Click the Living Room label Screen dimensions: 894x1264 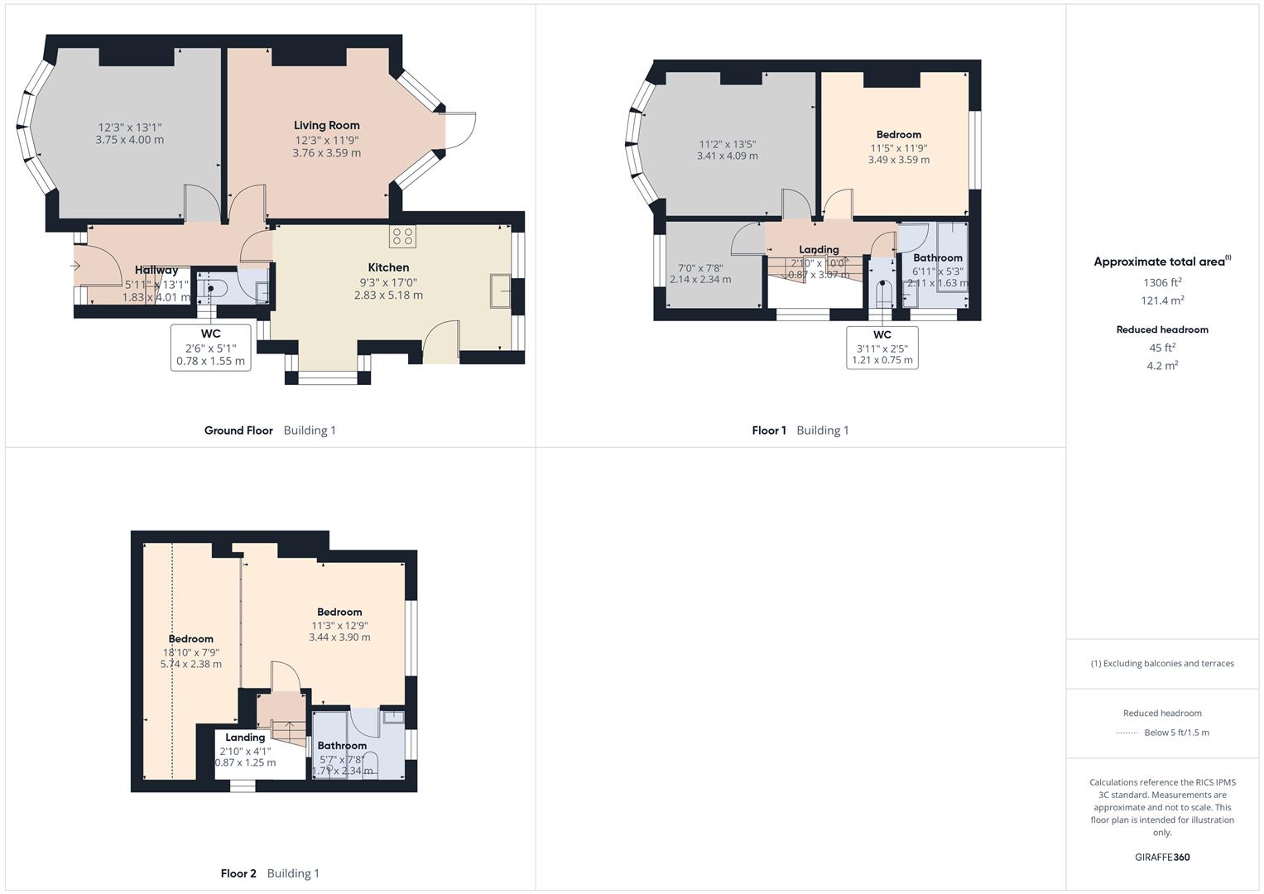pyautogui.click(x=327, y=126)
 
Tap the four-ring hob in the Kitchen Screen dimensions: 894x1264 pyautogui.click(x=403, y=236)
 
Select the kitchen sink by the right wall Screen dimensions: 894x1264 pyautogui.click(x=500, y=291)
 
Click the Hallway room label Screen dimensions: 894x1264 pyautogui.click(x=156, y=270)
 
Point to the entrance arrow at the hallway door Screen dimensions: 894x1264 pyautogui.click(x=75, y=266)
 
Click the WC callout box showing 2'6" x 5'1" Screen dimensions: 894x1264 pyautogui.click(x=210, y=348)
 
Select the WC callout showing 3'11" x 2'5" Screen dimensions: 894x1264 pyautogui.click(x=882, y=348)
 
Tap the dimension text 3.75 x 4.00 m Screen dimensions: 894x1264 pyautogui.click(x=130, y=140)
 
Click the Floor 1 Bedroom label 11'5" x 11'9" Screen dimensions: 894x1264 pyautogui.click(x=898, y=134)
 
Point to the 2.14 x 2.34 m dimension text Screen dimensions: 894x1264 pyautogui.click(x=700, y=280)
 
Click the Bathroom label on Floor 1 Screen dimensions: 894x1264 pyautogui.click(x=938, y=257)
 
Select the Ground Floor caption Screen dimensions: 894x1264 pyautogui.click(x=238, y=430)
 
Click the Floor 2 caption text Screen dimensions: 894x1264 pyautogui.click(x=238, y=873)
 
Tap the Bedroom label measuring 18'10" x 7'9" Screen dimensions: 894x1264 pyautogui.click(x=191, y=639)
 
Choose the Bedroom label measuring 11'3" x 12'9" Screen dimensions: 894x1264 pyautogui.click(x=339, y=613)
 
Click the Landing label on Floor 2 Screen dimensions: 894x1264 pyautogui.click(x=245, y=738)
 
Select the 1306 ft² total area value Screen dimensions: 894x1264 pyautogui.click(x=1162, y=282)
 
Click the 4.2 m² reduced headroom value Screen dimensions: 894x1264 pyautogui.click(x=1162, y=366)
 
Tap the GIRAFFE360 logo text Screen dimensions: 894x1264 pyautogui.click(x=1162, y=858)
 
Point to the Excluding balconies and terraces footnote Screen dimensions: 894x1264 pyautogui.click(x=1162, y=663)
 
